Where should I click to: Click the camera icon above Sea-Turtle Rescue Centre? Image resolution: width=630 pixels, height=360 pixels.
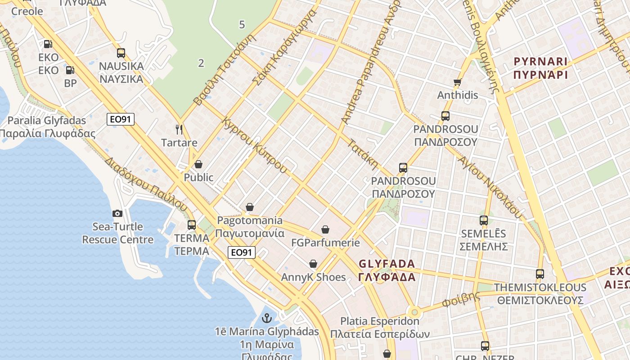pos(117,213)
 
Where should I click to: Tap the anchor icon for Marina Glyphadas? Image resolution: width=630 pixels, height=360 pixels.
pos(267,318)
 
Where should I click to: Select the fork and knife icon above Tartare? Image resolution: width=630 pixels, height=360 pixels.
pos(179,130)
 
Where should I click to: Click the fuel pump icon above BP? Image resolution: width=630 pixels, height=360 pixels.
pos(70,70)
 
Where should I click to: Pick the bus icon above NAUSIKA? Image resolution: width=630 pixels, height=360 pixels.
pos(121,53)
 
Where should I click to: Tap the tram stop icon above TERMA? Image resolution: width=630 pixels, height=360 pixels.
pos(192,225)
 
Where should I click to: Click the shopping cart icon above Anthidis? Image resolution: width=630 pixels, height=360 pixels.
pos(458,82)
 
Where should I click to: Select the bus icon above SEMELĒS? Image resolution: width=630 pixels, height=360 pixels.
pos(484,220)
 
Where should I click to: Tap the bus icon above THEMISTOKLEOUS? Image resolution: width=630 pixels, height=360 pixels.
pos(540,274)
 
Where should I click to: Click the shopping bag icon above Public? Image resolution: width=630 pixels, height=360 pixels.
pos(198,164)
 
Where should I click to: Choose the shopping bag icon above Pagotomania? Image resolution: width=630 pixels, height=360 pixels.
pos(250,207)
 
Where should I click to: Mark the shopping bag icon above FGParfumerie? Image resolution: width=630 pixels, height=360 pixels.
pos(325,229)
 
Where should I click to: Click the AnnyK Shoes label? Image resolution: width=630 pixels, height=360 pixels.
pos(313,277)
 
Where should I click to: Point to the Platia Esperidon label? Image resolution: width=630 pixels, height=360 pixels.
pos(380,321)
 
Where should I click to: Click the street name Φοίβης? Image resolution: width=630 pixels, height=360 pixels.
pos(461,299)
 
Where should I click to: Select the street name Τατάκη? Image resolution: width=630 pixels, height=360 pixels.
pos(363,154)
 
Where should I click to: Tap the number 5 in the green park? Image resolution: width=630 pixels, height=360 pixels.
pos(242,25)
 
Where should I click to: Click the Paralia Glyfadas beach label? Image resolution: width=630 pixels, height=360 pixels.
pos(47,121)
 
